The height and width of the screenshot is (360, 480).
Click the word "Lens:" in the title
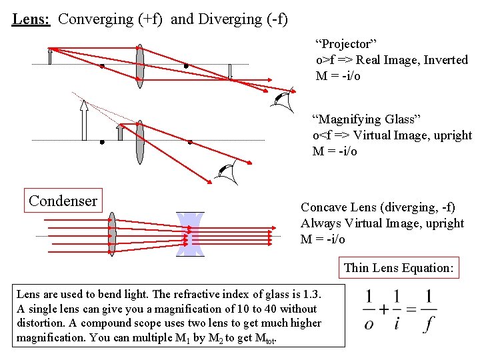(x=31, y=19)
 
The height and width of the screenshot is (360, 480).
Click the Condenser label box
(x=63, y=200)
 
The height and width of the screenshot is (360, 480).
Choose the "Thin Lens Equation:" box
(x=399, y=267)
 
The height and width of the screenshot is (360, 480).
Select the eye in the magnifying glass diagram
(x=229, y=173)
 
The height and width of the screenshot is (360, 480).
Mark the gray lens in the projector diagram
(x=139, y=65)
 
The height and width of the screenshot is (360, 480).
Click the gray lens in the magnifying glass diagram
(x=139, y=141)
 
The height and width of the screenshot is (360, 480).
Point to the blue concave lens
(x=190, y=234)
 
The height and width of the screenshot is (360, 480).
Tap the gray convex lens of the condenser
(x=112, y=234)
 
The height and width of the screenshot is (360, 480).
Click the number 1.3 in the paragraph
(x=299, y=294)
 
